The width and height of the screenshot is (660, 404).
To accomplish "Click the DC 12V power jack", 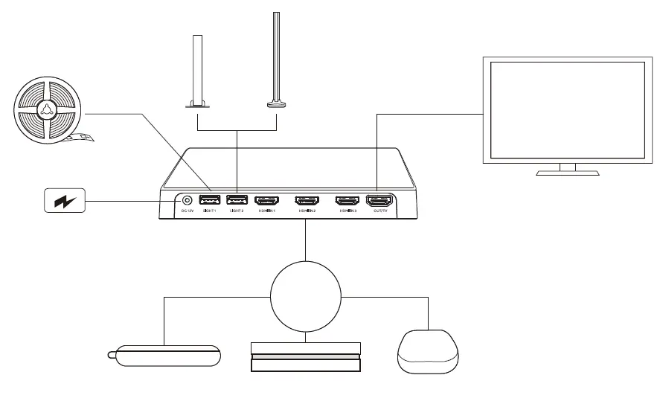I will click(186, 200).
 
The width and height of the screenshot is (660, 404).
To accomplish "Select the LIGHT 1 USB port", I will click(209, 200).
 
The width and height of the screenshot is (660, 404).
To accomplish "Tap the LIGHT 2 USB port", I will click(237, 200).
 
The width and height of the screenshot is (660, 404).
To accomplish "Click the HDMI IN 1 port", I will click(266, 200).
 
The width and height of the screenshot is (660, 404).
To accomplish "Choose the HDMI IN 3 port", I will click(347, 200).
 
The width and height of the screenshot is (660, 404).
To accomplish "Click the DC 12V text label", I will click(186, 211).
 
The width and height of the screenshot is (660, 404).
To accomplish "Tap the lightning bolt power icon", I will click(65, 201).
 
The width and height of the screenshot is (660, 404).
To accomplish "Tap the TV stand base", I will click(567, 173).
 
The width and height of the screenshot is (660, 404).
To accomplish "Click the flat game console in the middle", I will click(305, 359).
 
